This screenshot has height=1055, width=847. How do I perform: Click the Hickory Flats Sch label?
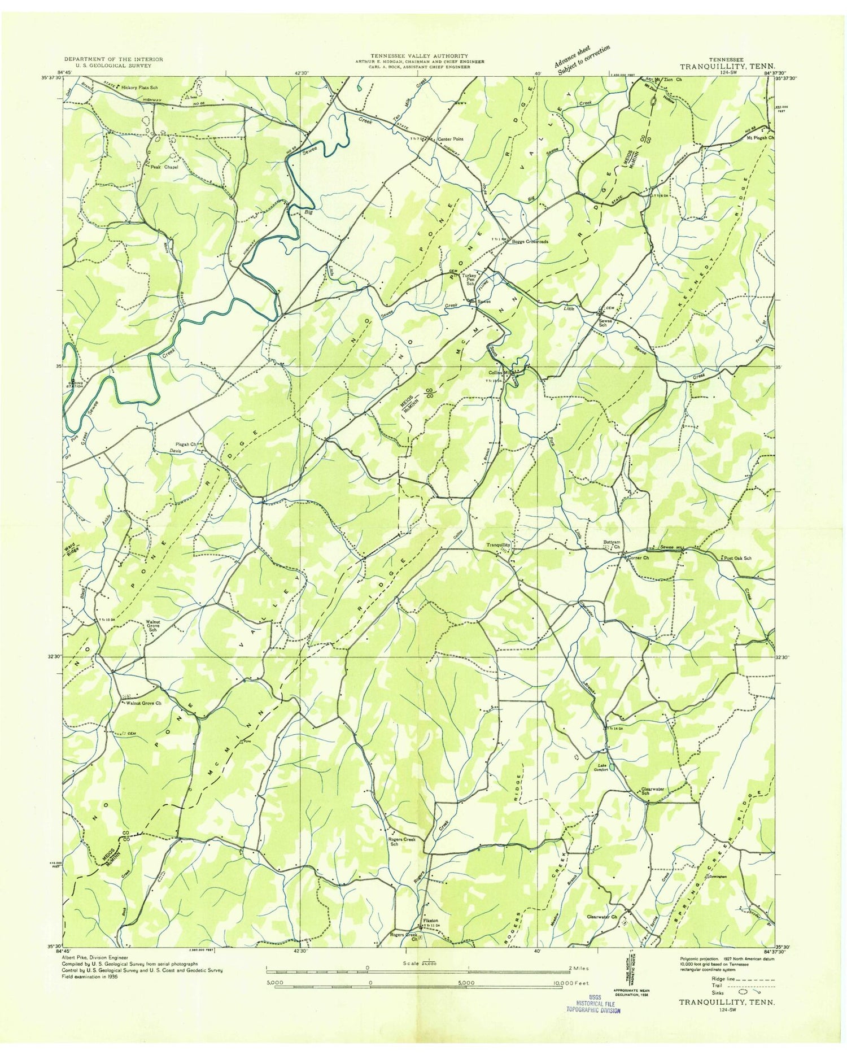[138, 88]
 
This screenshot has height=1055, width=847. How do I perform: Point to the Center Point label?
[450, 139]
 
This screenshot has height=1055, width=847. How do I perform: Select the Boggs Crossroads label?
[529, 241]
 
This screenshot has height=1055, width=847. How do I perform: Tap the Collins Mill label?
[500, 373]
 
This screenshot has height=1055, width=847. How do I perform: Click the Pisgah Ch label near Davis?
[185, 444]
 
